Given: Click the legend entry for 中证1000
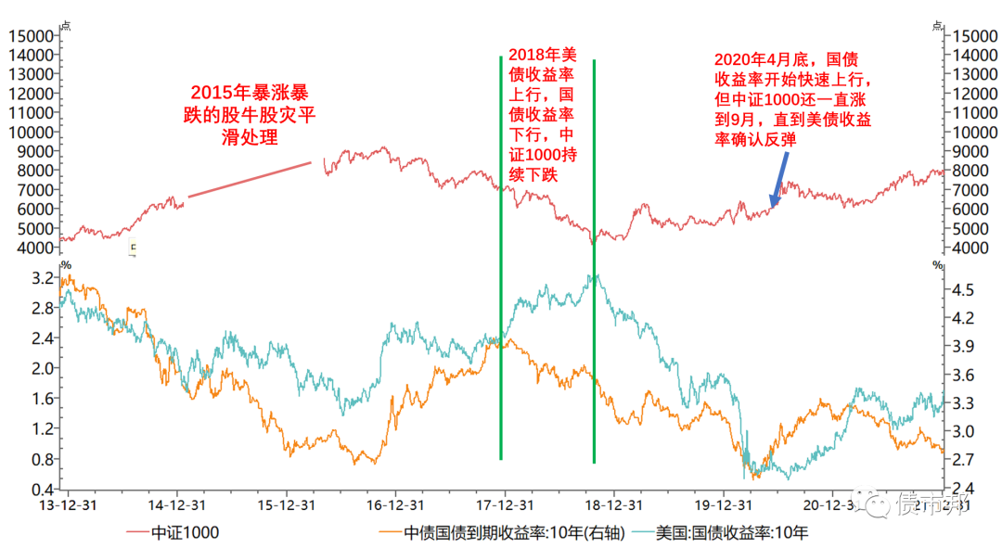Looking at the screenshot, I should click(185, 532).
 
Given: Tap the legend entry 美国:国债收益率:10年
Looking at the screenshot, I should click(732, 532).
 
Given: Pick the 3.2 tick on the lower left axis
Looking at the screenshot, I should click(41, 277).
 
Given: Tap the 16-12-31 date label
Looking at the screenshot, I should click(394, 505).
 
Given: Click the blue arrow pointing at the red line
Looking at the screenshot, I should click(778, 180).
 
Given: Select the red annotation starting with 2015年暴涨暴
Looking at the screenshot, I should click(250, 114).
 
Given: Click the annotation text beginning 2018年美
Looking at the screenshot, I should click(543, 113).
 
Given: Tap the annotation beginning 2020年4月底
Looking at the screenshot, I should click(791, 98).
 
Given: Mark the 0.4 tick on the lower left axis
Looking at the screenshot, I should click(41, 490).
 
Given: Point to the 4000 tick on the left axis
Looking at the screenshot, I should click(32, 249).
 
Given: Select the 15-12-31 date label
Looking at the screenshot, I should click(284, 505).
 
